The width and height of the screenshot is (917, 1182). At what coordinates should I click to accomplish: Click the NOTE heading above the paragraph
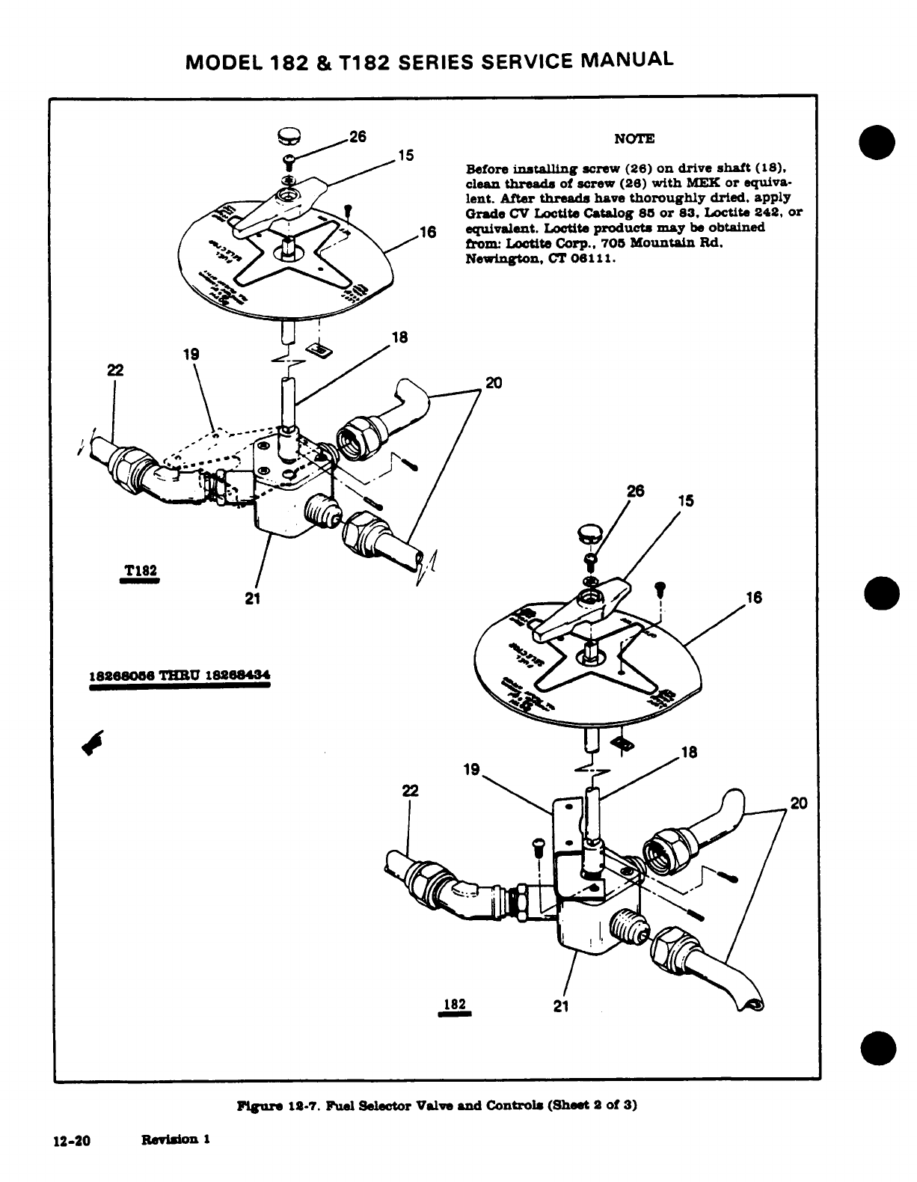(634, 138)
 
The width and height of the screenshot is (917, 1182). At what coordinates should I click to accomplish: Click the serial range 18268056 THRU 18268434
(179, 674)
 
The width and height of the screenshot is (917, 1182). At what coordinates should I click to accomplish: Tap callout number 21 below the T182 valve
(251, 598)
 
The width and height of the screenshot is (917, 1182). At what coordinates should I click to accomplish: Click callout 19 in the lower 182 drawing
(471, 769)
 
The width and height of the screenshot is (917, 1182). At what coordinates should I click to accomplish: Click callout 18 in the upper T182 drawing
(400, 337)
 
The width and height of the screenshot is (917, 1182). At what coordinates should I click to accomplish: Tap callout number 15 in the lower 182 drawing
(686, 500)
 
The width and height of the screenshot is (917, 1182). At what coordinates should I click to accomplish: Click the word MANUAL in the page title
(625, 58)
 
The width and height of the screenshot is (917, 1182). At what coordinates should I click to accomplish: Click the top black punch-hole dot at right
(878, 142)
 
